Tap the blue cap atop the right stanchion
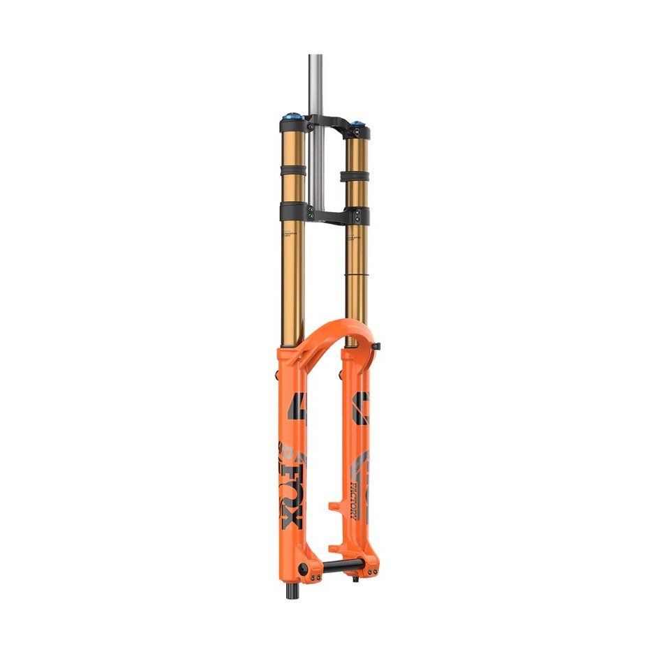357,124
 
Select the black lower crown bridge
328,211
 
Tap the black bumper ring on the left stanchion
292,169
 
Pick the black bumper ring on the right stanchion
355,175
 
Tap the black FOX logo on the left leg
288,489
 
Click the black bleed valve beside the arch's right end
376,346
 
